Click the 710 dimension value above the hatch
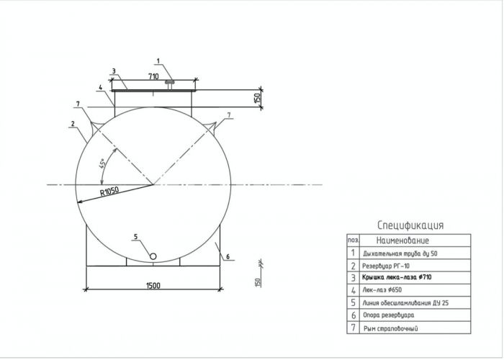tap(153, 76)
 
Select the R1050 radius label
tap(109, 192)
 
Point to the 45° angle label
tap(102, 163)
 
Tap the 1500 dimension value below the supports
tap(153, 285)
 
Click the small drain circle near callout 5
tap(153, 256)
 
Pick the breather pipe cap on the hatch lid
tap(169, 82)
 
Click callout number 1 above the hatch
tap(158, 60)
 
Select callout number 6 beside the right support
tap(228, 256)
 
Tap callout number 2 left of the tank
tap(73, 123)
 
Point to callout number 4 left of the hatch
tap(100, 87)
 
